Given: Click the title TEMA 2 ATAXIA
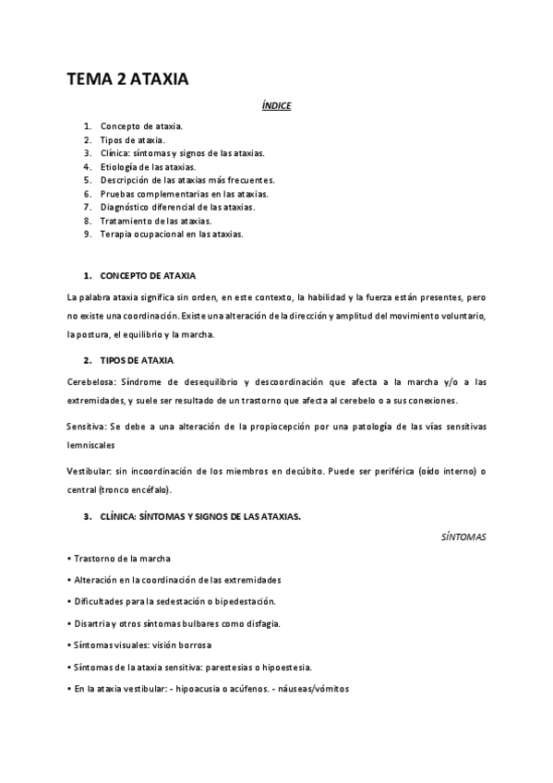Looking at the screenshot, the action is coord(128,80).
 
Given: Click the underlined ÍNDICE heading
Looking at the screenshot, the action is coord(276,106).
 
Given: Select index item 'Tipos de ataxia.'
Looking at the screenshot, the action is coord(133,139).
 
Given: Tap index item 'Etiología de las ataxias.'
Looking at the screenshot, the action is coord(148,166).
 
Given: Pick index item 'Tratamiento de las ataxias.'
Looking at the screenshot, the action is coord(155,221).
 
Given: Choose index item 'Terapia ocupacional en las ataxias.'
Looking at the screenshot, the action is coord(172,235).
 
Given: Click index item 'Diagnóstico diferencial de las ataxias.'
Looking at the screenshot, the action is coord(177,207).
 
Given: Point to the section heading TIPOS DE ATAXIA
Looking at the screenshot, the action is coord(140,358).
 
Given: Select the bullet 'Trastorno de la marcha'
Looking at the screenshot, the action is coord(121,559).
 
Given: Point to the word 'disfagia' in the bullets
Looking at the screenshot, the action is coord(262,623).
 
